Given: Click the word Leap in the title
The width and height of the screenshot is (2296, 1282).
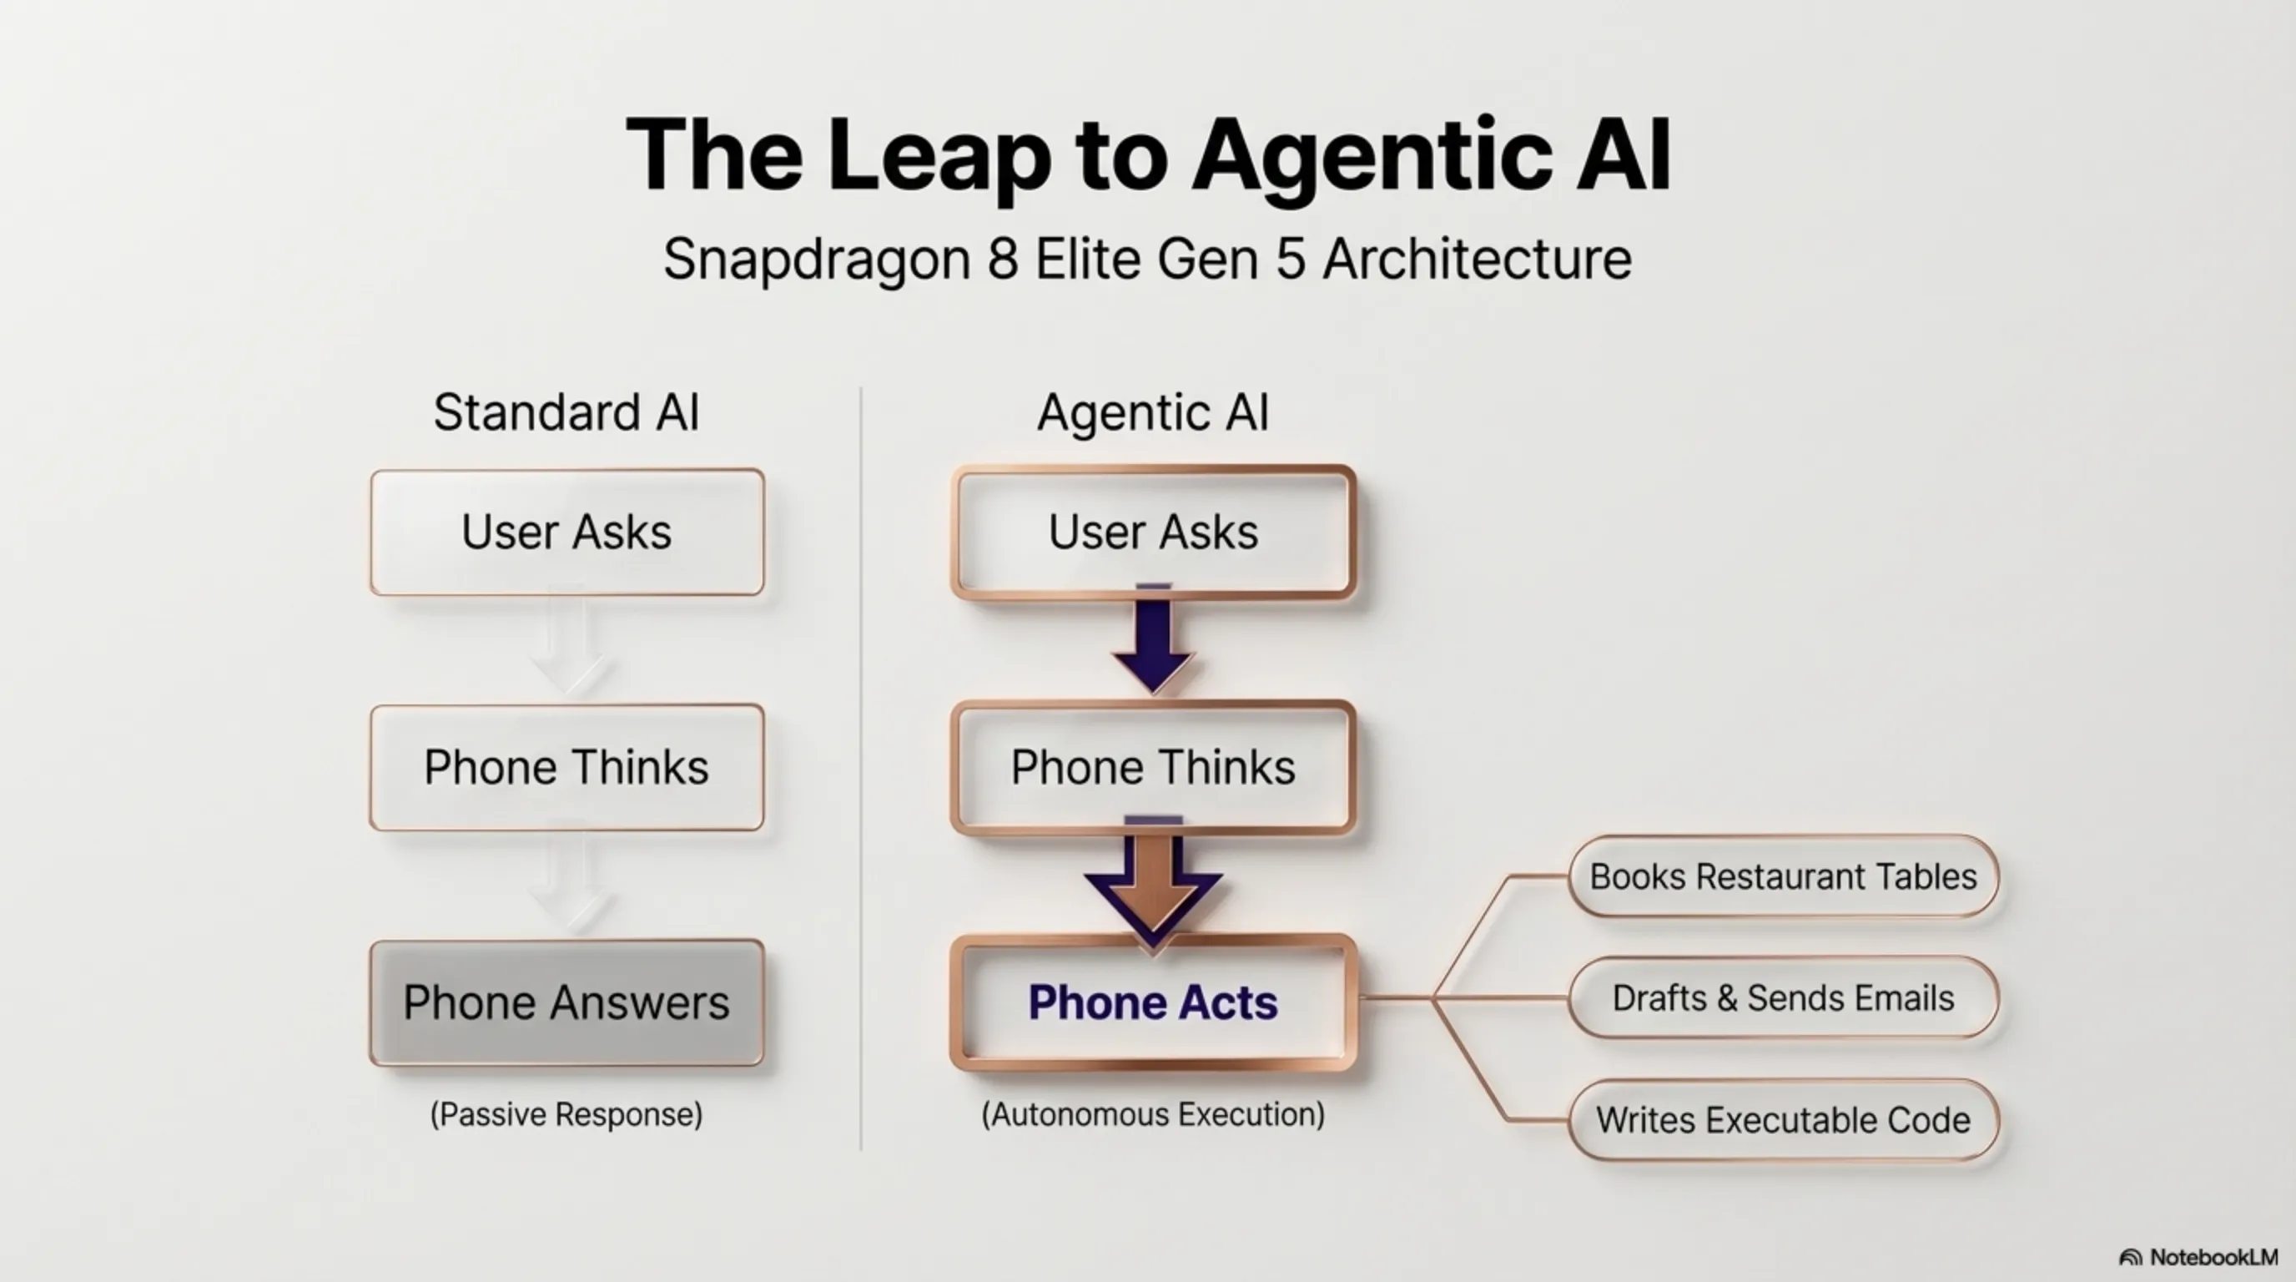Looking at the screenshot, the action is pyautogui.click(x=939, y=157).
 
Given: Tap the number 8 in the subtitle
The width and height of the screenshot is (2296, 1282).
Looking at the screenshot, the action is pyautogui.click(x=1003, y=260).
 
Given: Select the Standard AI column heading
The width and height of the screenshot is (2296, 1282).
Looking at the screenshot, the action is pyautogui.click(x=566, y=413).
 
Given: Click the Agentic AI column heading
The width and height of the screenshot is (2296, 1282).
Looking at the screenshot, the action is pyautogui.click(x=1153, y=414).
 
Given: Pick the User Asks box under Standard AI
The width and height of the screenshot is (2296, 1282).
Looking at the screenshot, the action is pyautogui.click(x=566, y=532).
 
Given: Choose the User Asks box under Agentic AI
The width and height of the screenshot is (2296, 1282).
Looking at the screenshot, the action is pyautogui.click(x=1153, y=532).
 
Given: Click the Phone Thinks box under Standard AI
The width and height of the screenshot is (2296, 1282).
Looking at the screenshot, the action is pyautogui.click(x=566, y=768).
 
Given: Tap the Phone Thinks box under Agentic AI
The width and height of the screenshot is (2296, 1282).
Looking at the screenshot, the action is pyautogui.click(x=1153, y=768).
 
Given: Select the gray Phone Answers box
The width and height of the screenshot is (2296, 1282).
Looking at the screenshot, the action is pyautogui.click(x=566, y=1002).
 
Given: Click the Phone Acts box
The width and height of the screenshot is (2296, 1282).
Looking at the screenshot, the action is pyautogui.click(x=1153, y=1002).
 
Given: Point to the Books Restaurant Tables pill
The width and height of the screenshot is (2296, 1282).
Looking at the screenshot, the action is pyautogui.click(x=1783, y=876).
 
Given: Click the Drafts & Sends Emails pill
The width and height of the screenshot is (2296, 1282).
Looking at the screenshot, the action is pyautogui.click(x=1783, y=997).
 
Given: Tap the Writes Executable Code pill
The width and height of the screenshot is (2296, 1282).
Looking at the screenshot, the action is pyautogui.click(x=1783, y=1120).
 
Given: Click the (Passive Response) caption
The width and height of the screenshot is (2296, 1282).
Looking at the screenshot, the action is pyautogui.click(x=566, y=1114).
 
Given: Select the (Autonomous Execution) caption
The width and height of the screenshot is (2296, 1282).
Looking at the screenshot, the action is pyautogui.click(x=1153, y=1114).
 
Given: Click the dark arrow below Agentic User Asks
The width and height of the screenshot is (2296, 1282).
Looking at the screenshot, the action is pyautogui.click(x=1153, y=638).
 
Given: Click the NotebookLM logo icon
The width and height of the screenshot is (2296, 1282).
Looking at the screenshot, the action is pyautogui.click(x=2130, y=1258).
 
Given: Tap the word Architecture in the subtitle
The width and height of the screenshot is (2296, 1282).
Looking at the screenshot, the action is pyautogui.click(x=1477, y=260).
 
